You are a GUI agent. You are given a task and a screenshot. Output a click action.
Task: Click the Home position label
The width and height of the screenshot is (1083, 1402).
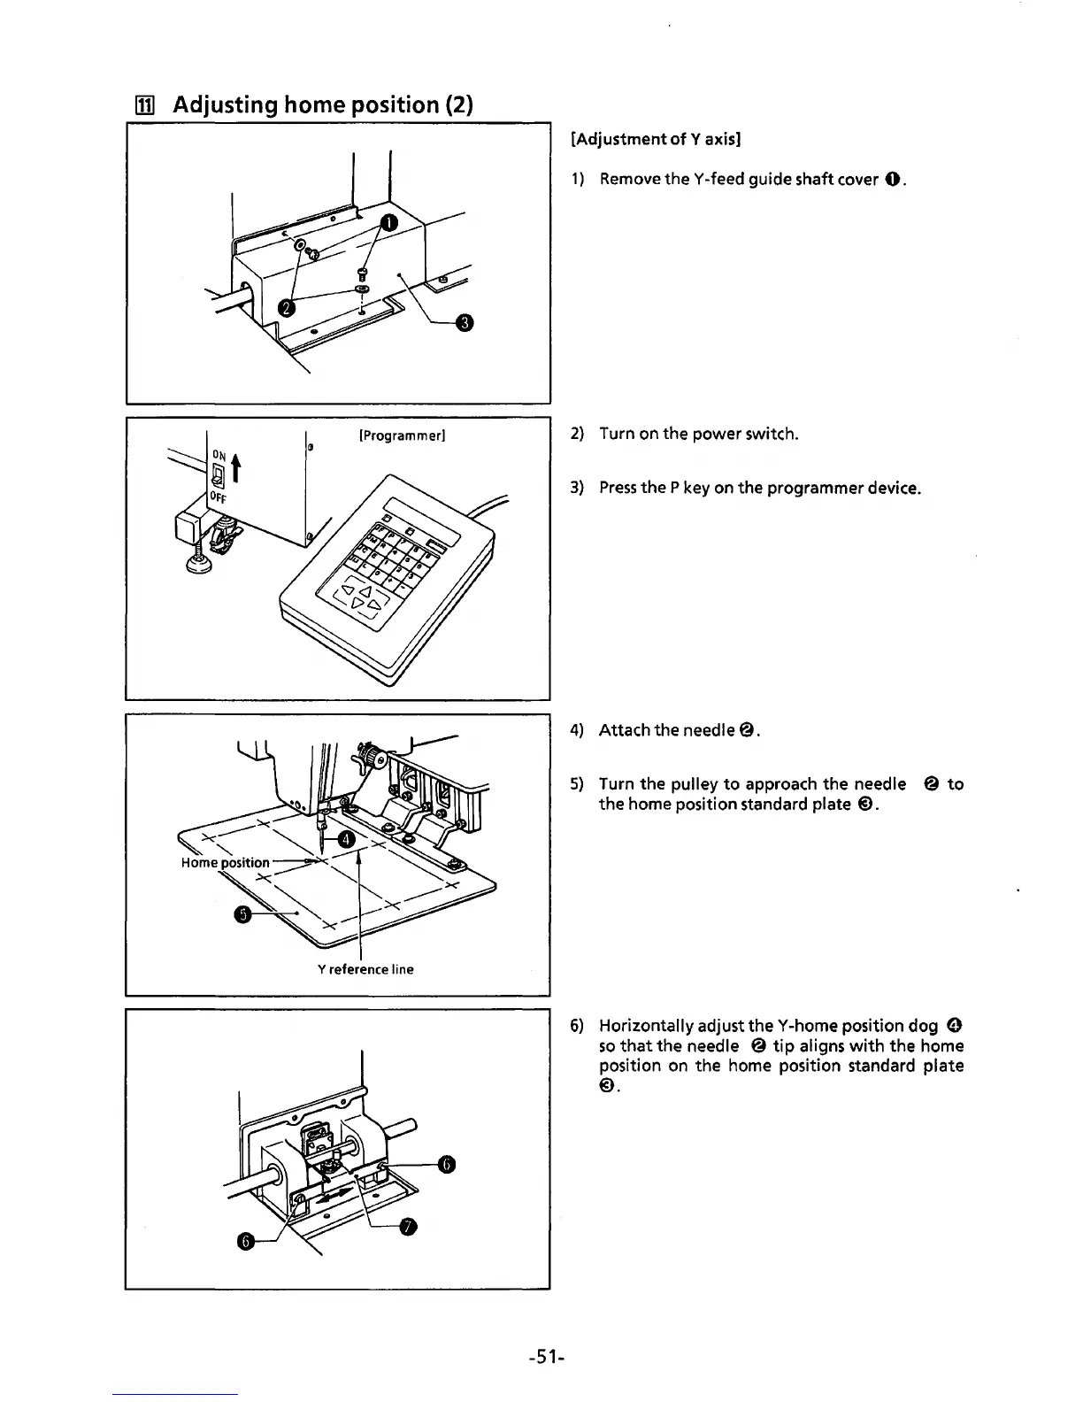(x=225, y=862)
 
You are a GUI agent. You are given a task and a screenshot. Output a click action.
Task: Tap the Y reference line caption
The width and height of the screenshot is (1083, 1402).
(x=365, y=969)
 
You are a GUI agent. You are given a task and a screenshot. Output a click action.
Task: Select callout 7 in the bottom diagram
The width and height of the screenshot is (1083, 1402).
(x=408, y=1226)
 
